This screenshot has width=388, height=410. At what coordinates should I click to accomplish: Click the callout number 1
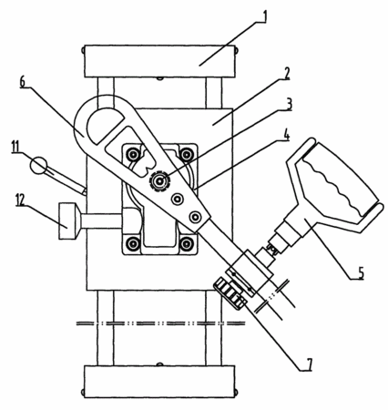(x=264, y=17)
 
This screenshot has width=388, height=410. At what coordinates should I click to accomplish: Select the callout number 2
(x=286, y=74)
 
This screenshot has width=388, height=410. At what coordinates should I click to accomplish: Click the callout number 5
(x=360, y=272)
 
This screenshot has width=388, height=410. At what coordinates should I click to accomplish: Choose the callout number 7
(x=309, y=364)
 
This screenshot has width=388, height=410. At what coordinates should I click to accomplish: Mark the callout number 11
(x=16, y=148)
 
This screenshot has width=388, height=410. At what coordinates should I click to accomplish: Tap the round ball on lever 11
(x=39, y=165)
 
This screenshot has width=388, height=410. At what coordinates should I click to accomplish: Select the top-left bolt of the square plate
(x=133, y=155)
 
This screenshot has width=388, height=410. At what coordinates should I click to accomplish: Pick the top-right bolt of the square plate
(x=185, y=155)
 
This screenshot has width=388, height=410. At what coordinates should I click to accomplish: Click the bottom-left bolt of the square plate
(x=133, y=243)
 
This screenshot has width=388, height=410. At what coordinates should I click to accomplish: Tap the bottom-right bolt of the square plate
(x=186, y=243)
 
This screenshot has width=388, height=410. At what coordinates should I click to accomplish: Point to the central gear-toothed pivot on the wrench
(x=159, y=181)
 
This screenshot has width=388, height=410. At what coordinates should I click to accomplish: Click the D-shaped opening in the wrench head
(x=104, y=125)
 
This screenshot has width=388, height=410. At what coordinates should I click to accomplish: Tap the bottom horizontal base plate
(x=159, y=382)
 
